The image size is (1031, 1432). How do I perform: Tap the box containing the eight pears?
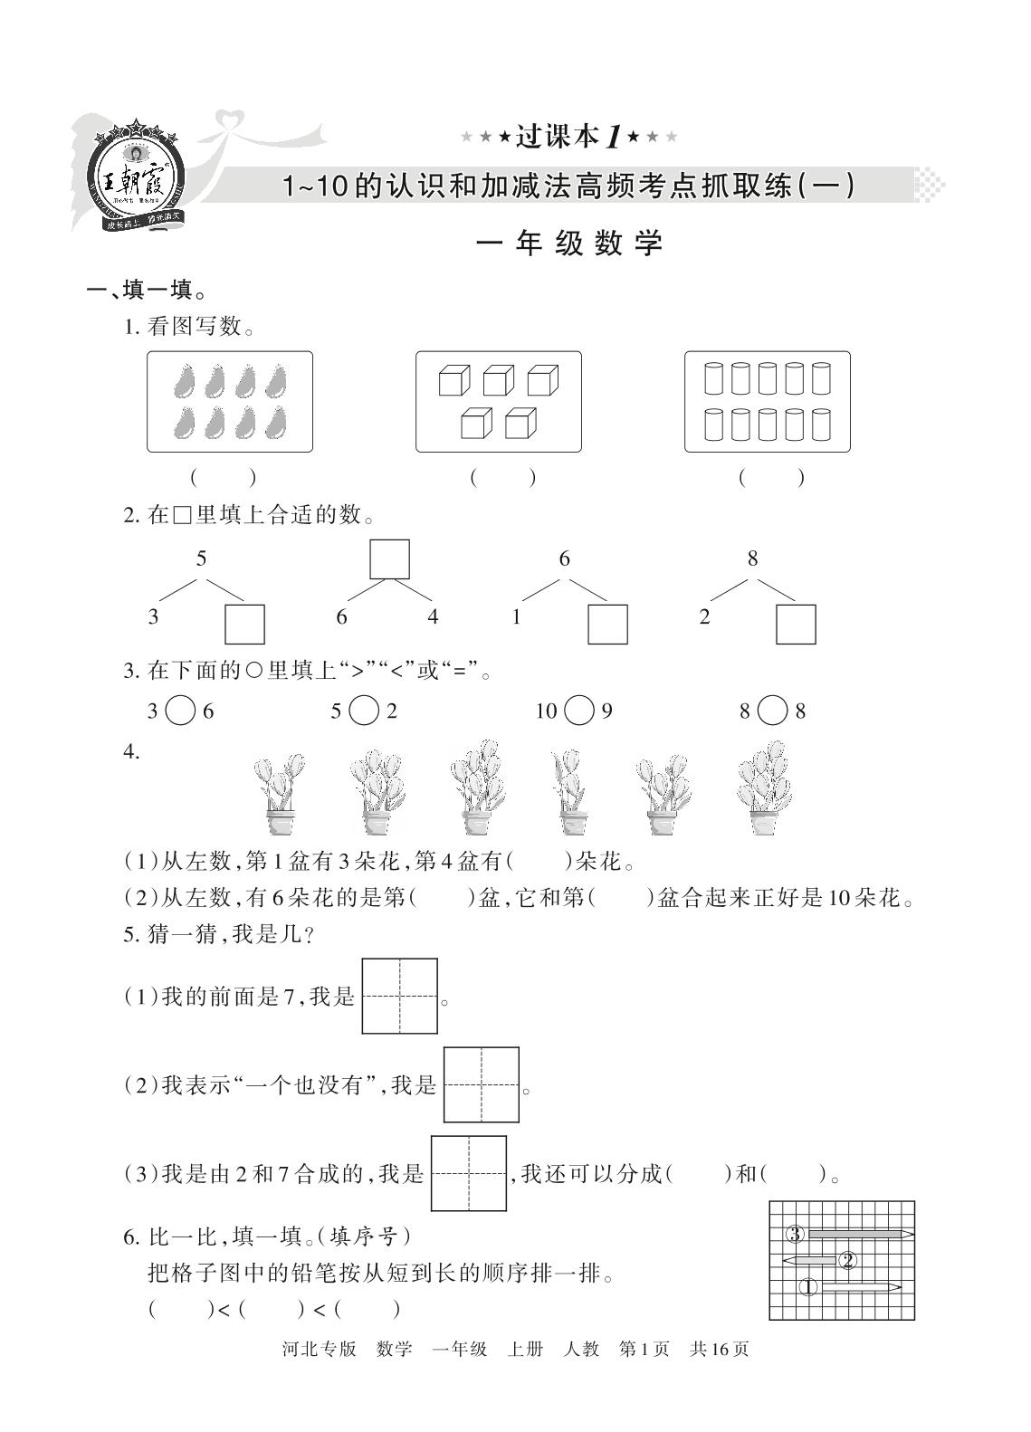click(x=230, y=401)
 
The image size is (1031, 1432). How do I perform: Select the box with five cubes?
click(x=498, y=401)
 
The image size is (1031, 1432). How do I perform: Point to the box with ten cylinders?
click(x=768, y=401)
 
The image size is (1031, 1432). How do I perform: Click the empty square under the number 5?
click(x=244, y=625)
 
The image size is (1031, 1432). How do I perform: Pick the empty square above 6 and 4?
click(x=390, y=558)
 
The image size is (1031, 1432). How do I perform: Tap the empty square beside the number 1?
click(x=608, y=625)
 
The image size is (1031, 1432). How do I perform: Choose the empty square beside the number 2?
click(x=796, y=625)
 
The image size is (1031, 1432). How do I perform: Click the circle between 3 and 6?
click(x=181, y=711)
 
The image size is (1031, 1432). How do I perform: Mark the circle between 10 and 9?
click(x=578, y=711)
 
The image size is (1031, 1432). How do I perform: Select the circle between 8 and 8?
click(x=772, y=711)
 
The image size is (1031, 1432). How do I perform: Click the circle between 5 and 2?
click(x=363, y=711)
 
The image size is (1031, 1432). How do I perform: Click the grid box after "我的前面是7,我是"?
click(x=400, y=997)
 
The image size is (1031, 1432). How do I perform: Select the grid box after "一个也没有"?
click(x=482, y=1085)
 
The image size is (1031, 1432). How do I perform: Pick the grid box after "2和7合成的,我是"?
click(x=469, y=1173)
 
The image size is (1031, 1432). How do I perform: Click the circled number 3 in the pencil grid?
click(x=795, y=1234)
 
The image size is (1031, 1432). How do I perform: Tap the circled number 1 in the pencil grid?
click(x=808, y=1286)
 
